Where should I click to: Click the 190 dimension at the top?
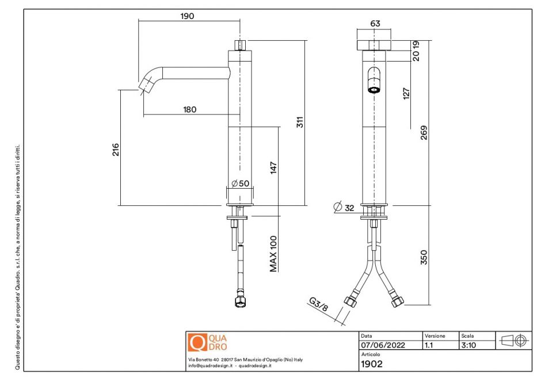[187, 16]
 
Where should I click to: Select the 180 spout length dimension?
[190, 109]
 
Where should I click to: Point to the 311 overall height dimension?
[299, 122]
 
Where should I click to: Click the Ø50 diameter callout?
[240, 184]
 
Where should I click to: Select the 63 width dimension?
[375, 24]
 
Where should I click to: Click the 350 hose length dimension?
[424, 257]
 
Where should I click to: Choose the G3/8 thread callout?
[318, 305]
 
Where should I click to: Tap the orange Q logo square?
[197, 342]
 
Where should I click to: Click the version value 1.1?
[429, 345]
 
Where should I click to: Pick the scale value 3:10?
[468, 345]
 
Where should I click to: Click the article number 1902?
[371, 364]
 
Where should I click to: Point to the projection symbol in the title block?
[513, 340]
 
